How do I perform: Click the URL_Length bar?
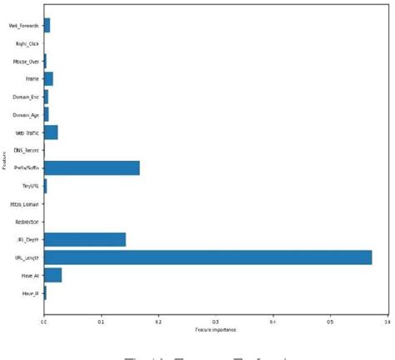tap(207, 257)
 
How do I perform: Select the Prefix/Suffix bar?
tap(92, 168)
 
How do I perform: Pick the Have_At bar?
tap(52, 275)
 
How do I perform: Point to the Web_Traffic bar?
tap(51, 132)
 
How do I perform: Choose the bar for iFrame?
tap(48, 79)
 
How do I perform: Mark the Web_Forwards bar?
tap(47, 25)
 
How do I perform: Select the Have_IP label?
tap(32, 294)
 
